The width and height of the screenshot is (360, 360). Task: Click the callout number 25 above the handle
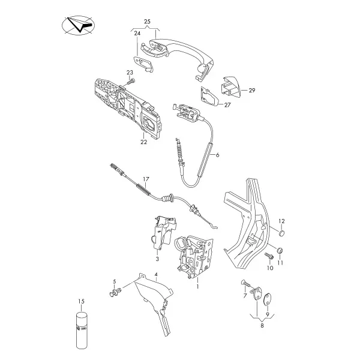pyautogui.click(x=147, y=22)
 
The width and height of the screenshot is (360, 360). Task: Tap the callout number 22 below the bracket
pyautogui.click(x=144, y=142)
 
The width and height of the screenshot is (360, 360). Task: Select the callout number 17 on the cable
pyautogui.click(x=146, y=179)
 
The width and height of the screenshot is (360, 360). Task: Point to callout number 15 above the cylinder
pyautogui.click(x=81, y=301)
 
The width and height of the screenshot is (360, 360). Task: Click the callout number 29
pyautogui.click(x=252, y=91)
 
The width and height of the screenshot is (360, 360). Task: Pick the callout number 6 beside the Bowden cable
pyautogui.click(x=218, y=155)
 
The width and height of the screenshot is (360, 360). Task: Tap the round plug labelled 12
pyautogui.click(x=282, y=233)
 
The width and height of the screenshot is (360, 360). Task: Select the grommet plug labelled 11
pyautogui.click(x=279, y=250)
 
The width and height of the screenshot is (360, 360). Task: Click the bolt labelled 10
pyautogui.click(x=269, y=256)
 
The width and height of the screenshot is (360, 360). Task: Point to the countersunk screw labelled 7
pyautogui.click(x=247, y=283)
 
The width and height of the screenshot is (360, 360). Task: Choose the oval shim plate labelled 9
pyautogui.click(x=267, y=299)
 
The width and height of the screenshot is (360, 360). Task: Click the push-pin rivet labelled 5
pyautogui.click(x=116, y=292)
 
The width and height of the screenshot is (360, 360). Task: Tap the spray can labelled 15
pyautogui.click(x=82, y=330)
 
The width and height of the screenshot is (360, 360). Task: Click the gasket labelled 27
pyautogui.click(x=209, y=97)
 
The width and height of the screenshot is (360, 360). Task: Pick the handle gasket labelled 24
pyautogui.click(x=143, y=62)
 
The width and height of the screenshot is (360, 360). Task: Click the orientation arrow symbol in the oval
pyautogui.click(x=79, y=25)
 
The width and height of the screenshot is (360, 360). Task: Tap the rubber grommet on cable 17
pyautogui.click(x=167, y=198)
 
